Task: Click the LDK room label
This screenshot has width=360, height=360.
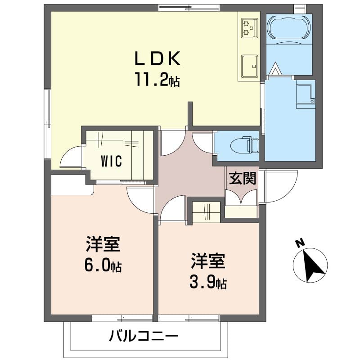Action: tap(157, 58)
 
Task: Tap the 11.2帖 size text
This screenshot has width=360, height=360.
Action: tap(157, 79)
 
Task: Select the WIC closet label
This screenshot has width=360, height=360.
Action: tap(112, 161)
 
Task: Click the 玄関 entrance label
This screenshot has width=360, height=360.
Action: tap(243, 178)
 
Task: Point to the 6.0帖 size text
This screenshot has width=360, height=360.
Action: tap(103, 265)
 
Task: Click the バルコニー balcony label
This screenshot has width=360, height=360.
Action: tap(143, 336)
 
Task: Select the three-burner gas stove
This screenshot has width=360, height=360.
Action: tap(249, 28)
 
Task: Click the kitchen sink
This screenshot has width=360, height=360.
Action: tap(250, 66)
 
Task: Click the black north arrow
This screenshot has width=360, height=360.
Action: tap(312, 267)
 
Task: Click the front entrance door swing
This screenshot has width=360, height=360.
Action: tap(280, 186)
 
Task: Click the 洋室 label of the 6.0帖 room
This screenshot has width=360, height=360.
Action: tap(103, 244)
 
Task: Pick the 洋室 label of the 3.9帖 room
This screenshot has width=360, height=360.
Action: tap(208, 261)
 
